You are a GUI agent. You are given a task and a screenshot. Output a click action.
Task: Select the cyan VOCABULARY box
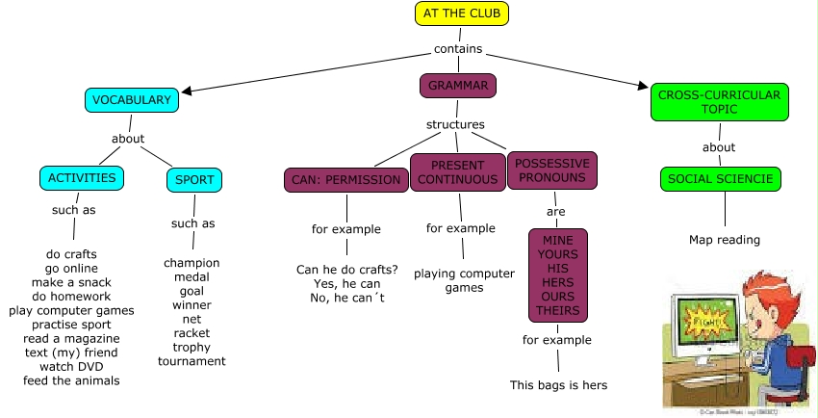[x=132, y=99]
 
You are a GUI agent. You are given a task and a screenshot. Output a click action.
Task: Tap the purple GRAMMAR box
[x=458, y=86]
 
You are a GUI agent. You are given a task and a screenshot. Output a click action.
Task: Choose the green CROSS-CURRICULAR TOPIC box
[x=719, y=102]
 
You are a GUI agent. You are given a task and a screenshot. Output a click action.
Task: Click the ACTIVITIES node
[x=83, y=178]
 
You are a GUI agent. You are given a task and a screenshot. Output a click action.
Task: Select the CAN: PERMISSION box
[x=346, y=180]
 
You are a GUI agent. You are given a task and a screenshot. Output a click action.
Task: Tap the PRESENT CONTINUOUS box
[x=457, y=172]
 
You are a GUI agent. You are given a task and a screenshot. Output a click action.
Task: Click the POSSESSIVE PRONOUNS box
[x=551, y=170]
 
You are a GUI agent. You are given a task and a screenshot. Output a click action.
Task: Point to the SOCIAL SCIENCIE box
[x=722, y=179]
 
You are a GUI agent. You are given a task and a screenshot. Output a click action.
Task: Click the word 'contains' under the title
[x=458, y=48]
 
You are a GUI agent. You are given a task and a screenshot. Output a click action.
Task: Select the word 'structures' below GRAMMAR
[x=455, y=124]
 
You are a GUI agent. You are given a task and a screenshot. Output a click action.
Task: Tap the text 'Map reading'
[x=725, y=240]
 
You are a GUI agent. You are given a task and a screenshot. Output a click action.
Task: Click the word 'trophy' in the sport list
[x=192, y=347]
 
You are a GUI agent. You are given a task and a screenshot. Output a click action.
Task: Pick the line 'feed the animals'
[x=72, y=380]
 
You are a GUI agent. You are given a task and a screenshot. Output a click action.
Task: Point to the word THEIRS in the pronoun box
[x=558, y=310]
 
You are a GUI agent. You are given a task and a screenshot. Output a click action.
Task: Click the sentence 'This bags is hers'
[x=558, y=385]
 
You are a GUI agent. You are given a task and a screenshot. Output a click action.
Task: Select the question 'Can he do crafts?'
[x=346, y=269]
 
